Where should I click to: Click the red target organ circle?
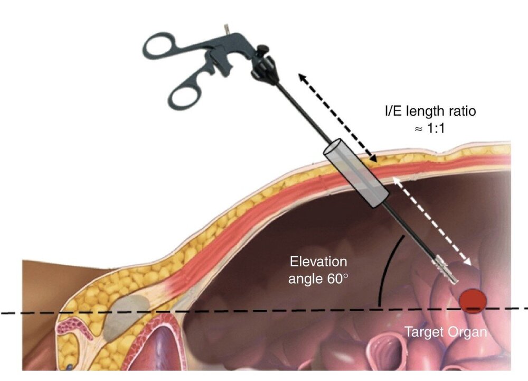[x=473, y=301]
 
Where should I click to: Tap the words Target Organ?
[x=446, y=332]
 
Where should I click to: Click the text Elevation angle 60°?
[x=318, y=270]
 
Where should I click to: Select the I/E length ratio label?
[x=430, y=111]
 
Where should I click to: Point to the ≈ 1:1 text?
[x=430, y=128]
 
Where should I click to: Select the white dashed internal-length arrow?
[x=432, y=221]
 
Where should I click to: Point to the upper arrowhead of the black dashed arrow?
[x=301, y=78]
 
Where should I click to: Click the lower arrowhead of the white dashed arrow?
[x=467, y=261]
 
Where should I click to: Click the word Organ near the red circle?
[x=467, y=332]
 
